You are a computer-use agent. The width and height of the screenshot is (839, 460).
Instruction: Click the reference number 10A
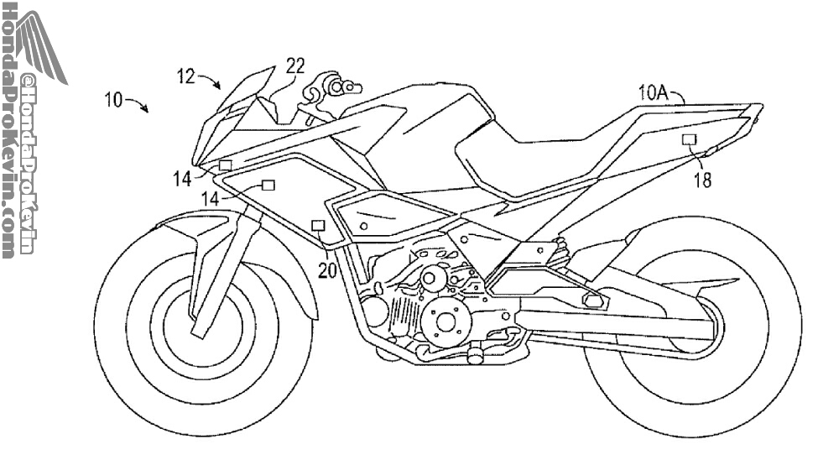click(653, 93)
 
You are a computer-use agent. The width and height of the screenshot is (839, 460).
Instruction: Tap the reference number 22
click(294, 65)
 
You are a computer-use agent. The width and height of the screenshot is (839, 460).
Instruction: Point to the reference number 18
click(702, 180)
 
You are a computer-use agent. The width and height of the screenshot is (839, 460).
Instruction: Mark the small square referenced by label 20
click(318, 225)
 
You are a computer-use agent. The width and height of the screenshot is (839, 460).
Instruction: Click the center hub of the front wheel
click(198, 324)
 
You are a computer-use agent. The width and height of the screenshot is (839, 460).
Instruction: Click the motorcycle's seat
click(537, 151)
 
